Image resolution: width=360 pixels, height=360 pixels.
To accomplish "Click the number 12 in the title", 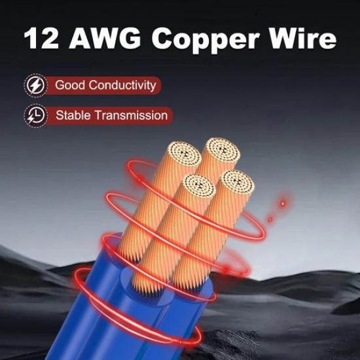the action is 41,38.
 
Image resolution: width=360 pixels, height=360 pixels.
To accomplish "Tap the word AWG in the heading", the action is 105,38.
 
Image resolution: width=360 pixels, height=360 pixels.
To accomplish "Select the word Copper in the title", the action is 206,40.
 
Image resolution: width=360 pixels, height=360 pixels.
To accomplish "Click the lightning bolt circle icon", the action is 35,85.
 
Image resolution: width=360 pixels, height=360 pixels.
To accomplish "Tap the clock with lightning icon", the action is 35,115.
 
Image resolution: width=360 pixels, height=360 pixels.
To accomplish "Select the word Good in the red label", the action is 70,85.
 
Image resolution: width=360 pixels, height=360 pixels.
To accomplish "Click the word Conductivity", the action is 122,85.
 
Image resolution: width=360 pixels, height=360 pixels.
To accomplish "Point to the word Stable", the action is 73,115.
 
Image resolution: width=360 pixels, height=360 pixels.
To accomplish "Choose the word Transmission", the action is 132,115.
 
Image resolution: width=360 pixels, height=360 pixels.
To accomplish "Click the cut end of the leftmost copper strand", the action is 185,153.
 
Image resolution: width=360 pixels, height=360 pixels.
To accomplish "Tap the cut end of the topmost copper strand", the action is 223,150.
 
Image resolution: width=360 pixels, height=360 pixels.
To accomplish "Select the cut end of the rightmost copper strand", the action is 238,183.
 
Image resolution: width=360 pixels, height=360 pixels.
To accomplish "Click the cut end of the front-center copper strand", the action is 199,186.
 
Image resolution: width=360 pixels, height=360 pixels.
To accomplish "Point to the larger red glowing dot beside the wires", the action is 283,203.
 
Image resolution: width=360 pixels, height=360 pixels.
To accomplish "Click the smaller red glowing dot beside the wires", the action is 270,219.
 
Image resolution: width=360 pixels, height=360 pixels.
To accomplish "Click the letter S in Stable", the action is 60,115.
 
